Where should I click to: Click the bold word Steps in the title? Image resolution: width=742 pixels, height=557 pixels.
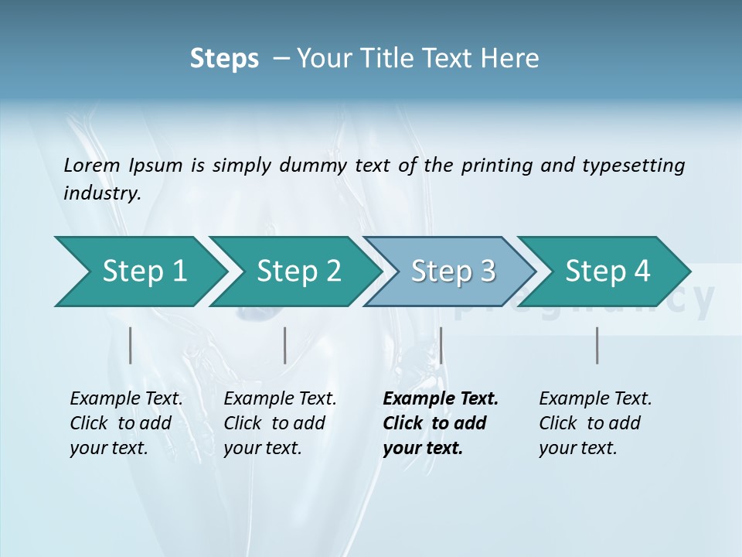coord(224,58)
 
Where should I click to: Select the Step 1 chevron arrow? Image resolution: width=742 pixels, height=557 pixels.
coord(139,272)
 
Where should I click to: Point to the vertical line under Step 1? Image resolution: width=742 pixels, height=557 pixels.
coord(131,345)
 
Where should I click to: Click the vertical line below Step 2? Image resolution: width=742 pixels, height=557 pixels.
coord(285,345)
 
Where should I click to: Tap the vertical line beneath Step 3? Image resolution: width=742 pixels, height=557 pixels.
coord(441,345)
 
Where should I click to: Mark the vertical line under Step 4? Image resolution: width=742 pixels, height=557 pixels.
coord(597,345)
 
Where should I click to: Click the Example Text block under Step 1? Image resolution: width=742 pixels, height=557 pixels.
coord(126,423)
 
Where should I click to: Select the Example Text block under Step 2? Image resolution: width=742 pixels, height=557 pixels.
coord(280,423)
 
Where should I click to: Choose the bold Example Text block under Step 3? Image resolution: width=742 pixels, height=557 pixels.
coord(441,423)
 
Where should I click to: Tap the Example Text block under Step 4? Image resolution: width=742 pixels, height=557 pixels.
coord(595,423)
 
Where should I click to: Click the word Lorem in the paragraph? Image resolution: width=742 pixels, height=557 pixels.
coord(92,165)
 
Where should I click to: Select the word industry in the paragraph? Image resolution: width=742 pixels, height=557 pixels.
coord(101,193)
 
